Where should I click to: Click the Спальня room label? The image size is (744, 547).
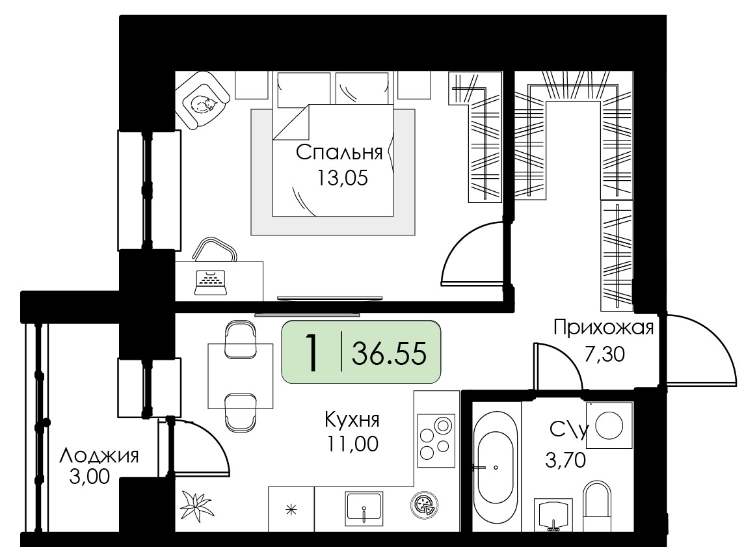click(x=339, y=153)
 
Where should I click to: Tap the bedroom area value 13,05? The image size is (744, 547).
click(x=342, y=178)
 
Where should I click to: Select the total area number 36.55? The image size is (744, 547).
click(x=389, y=353)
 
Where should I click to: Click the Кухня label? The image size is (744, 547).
click(x=352, y=420)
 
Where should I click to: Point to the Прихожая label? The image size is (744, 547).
click(x=604, y=328)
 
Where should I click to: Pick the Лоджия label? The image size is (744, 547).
click(x=99, y=456)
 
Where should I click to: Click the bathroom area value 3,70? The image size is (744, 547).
click(x=566, y=460)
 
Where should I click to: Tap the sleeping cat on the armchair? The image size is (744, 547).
click(x=203, y=103)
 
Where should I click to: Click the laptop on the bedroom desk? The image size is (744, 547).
click(x=211, y=282)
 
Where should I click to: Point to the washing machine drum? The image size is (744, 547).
click(x=609, y=425)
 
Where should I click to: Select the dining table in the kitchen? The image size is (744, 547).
click(x=241, y=376)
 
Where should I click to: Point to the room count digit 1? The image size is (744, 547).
click(x=312, y=353)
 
